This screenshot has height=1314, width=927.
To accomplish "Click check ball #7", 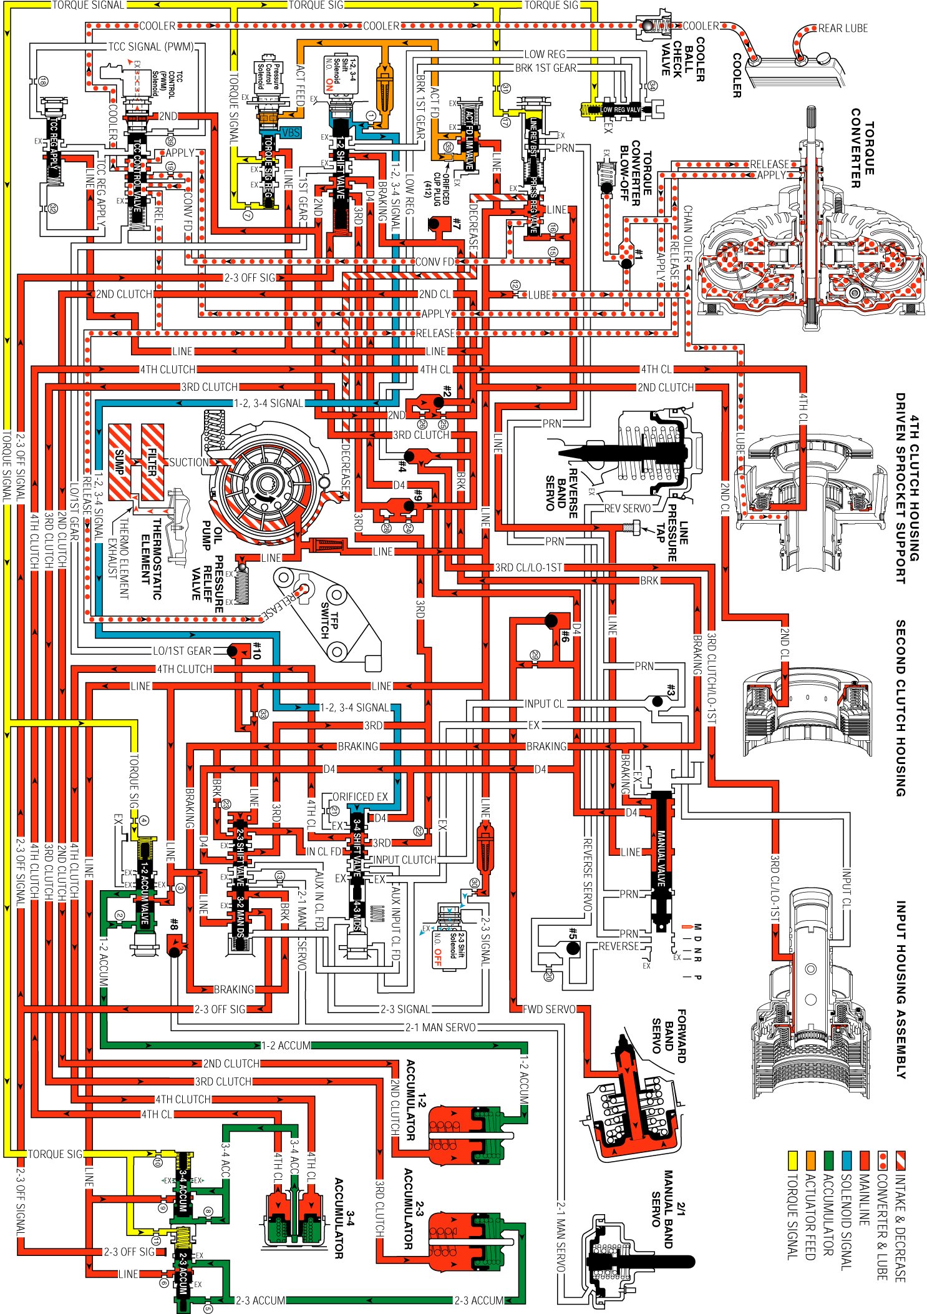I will tap(435, 223).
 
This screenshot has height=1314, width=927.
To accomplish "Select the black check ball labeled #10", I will tap(232, 651).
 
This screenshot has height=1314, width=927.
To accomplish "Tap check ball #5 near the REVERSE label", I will tap(573, 949).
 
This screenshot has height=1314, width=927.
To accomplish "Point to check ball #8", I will tap(174, 951).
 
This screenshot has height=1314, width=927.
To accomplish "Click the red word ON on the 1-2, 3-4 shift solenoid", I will tap(329, 85).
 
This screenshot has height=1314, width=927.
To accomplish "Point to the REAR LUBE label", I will tap(842, 28).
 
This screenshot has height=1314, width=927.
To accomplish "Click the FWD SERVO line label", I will tap(549, 1009).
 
